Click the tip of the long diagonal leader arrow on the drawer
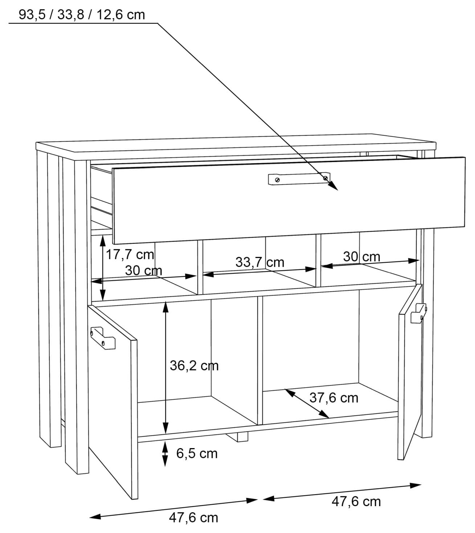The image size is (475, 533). coord(337,190)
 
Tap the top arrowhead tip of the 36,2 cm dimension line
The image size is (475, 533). coord(165,302)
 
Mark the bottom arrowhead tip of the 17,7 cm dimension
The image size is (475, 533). coord(103,300)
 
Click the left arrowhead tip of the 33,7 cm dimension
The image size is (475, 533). coord(202,275)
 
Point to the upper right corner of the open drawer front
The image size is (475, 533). coord(465,157)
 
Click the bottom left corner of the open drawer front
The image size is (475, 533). coord(113,243)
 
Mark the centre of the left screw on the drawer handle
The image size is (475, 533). coord(277,180)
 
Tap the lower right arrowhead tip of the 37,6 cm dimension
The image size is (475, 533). coord(329,418)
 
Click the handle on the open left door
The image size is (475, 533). coord(103,338)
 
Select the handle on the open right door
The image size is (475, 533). coord(418,313)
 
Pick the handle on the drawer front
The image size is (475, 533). coord(299,179)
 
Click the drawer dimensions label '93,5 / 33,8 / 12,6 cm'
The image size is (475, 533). coord(82,15)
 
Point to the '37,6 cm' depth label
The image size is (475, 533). coord(334,398)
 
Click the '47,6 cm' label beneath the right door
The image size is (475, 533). coord(356,501)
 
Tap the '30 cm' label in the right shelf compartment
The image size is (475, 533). coord(361,257)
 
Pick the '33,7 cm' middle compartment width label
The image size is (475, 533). coord(260,262)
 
